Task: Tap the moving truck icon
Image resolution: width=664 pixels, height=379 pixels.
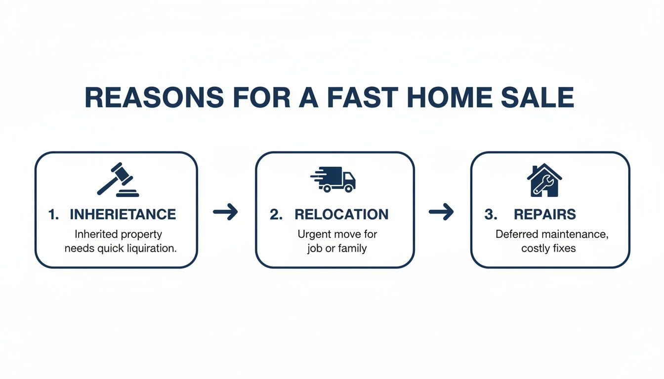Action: pyautogui.click(x=333, y=179)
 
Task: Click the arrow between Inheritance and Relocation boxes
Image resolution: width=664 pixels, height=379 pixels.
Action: pyautogui.click(x=226, y=212)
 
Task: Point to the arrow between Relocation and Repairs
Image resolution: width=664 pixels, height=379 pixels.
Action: pyautogui.click(x=441, y=212)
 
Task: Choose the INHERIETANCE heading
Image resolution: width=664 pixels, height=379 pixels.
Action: pyautogui.click(x=123, y=214)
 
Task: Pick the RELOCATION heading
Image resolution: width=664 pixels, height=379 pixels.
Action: pyautogui.click(x=341, y=214)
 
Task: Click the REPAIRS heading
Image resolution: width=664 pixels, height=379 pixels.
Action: pyautogui.click(x=544, y=214)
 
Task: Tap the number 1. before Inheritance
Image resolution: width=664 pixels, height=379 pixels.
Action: pyautogui.click(x=54, y=214)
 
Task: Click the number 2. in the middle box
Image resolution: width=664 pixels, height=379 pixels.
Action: pyautogui.click(x=276, y=214)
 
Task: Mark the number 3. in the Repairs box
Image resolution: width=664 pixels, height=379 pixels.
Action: pyautogui.click(x=491, y=214)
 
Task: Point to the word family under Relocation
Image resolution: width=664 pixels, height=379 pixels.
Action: pyautogui.click(x=351, y=248)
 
